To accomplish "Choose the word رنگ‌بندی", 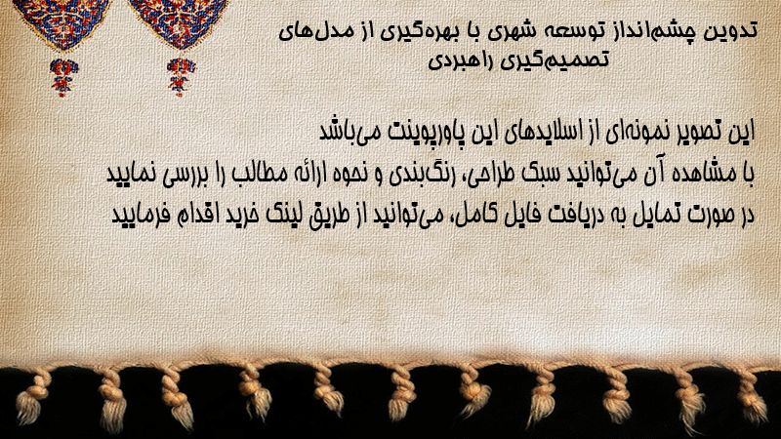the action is coord(416,175).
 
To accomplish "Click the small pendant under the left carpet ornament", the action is coord(62,77).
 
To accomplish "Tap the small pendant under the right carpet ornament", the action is coord(181,77).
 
